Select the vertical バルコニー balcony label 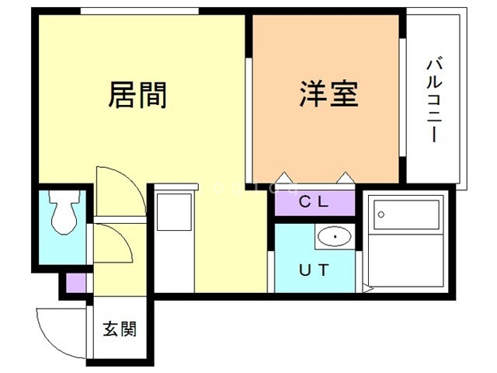point(434,99)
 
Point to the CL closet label point(314,202)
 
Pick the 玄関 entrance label point(120,329)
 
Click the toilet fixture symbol point(64,212)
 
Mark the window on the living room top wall point(139,10)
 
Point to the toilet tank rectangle point(64,195)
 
